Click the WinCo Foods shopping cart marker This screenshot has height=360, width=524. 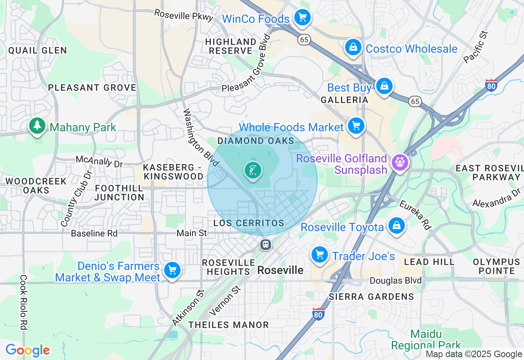[303, 18]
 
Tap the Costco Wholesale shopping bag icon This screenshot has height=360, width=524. [352, 48]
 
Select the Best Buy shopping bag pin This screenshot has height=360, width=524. [384, 86]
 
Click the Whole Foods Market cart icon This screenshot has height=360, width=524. [356, 126]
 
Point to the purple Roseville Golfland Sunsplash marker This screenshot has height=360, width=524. [399, 162]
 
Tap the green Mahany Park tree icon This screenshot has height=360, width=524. [37, 126]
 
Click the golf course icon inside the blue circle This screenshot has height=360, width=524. [253, 170]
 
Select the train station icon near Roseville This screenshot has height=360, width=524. [266, 245]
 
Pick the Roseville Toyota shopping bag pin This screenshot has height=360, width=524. [396, 225]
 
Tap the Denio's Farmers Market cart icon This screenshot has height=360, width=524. [172, 270]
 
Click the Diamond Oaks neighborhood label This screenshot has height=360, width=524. [255, 141]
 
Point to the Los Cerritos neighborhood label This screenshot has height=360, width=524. [248, 223]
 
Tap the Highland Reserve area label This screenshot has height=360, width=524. [230, 46]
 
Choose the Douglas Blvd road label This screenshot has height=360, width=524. [395, 281]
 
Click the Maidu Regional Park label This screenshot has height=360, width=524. [426, 340]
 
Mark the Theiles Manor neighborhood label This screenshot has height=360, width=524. [228, 325]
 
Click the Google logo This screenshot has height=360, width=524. [27, 351]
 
